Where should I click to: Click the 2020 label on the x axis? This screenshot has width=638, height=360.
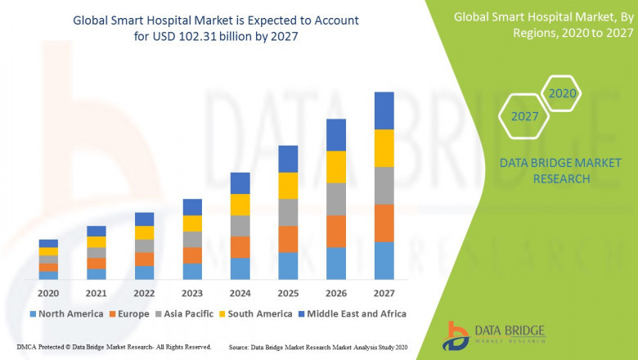[48, 292]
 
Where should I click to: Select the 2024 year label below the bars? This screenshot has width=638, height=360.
[240, 292]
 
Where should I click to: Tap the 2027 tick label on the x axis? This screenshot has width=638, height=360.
[384, 292]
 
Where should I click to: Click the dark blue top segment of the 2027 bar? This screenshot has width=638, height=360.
[384, 110]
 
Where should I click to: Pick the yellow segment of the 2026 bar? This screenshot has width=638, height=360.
[336, 167]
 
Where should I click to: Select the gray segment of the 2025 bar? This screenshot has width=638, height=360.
[288, 212]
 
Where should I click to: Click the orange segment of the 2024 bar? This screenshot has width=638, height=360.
[240, 247]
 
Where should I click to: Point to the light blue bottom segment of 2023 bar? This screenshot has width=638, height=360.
[192, 271]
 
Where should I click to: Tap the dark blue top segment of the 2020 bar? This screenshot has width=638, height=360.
[48, 243]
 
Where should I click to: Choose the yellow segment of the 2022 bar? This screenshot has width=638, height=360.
[144, 232]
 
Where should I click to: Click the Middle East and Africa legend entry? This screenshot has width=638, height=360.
[353, 313]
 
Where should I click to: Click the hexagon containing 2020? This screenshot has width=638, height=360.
[562, 93]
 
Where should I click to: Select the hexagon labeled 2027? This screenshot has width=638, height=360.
[524, 116]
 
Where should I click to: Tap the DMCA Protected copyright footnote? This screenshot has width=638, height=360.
[114, 347]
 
